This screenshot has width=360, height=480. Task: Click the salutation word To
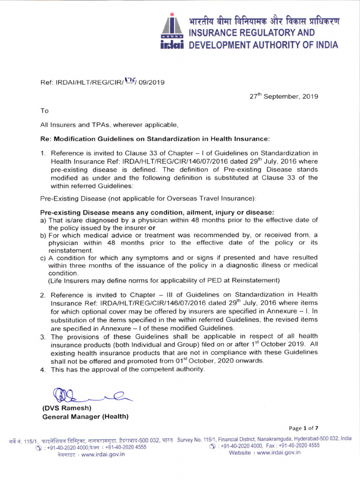tap(45, 111)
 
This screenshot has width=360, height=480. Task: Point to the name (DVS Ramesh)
tap(67, 408)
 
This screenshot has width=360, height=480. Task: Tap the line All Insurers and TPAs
tap(109, 125)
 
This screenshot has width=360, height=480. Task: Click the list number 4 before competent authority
tap(43, 369)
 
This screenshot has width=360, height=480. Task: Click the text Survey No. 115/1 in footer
tap(196, 438)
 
